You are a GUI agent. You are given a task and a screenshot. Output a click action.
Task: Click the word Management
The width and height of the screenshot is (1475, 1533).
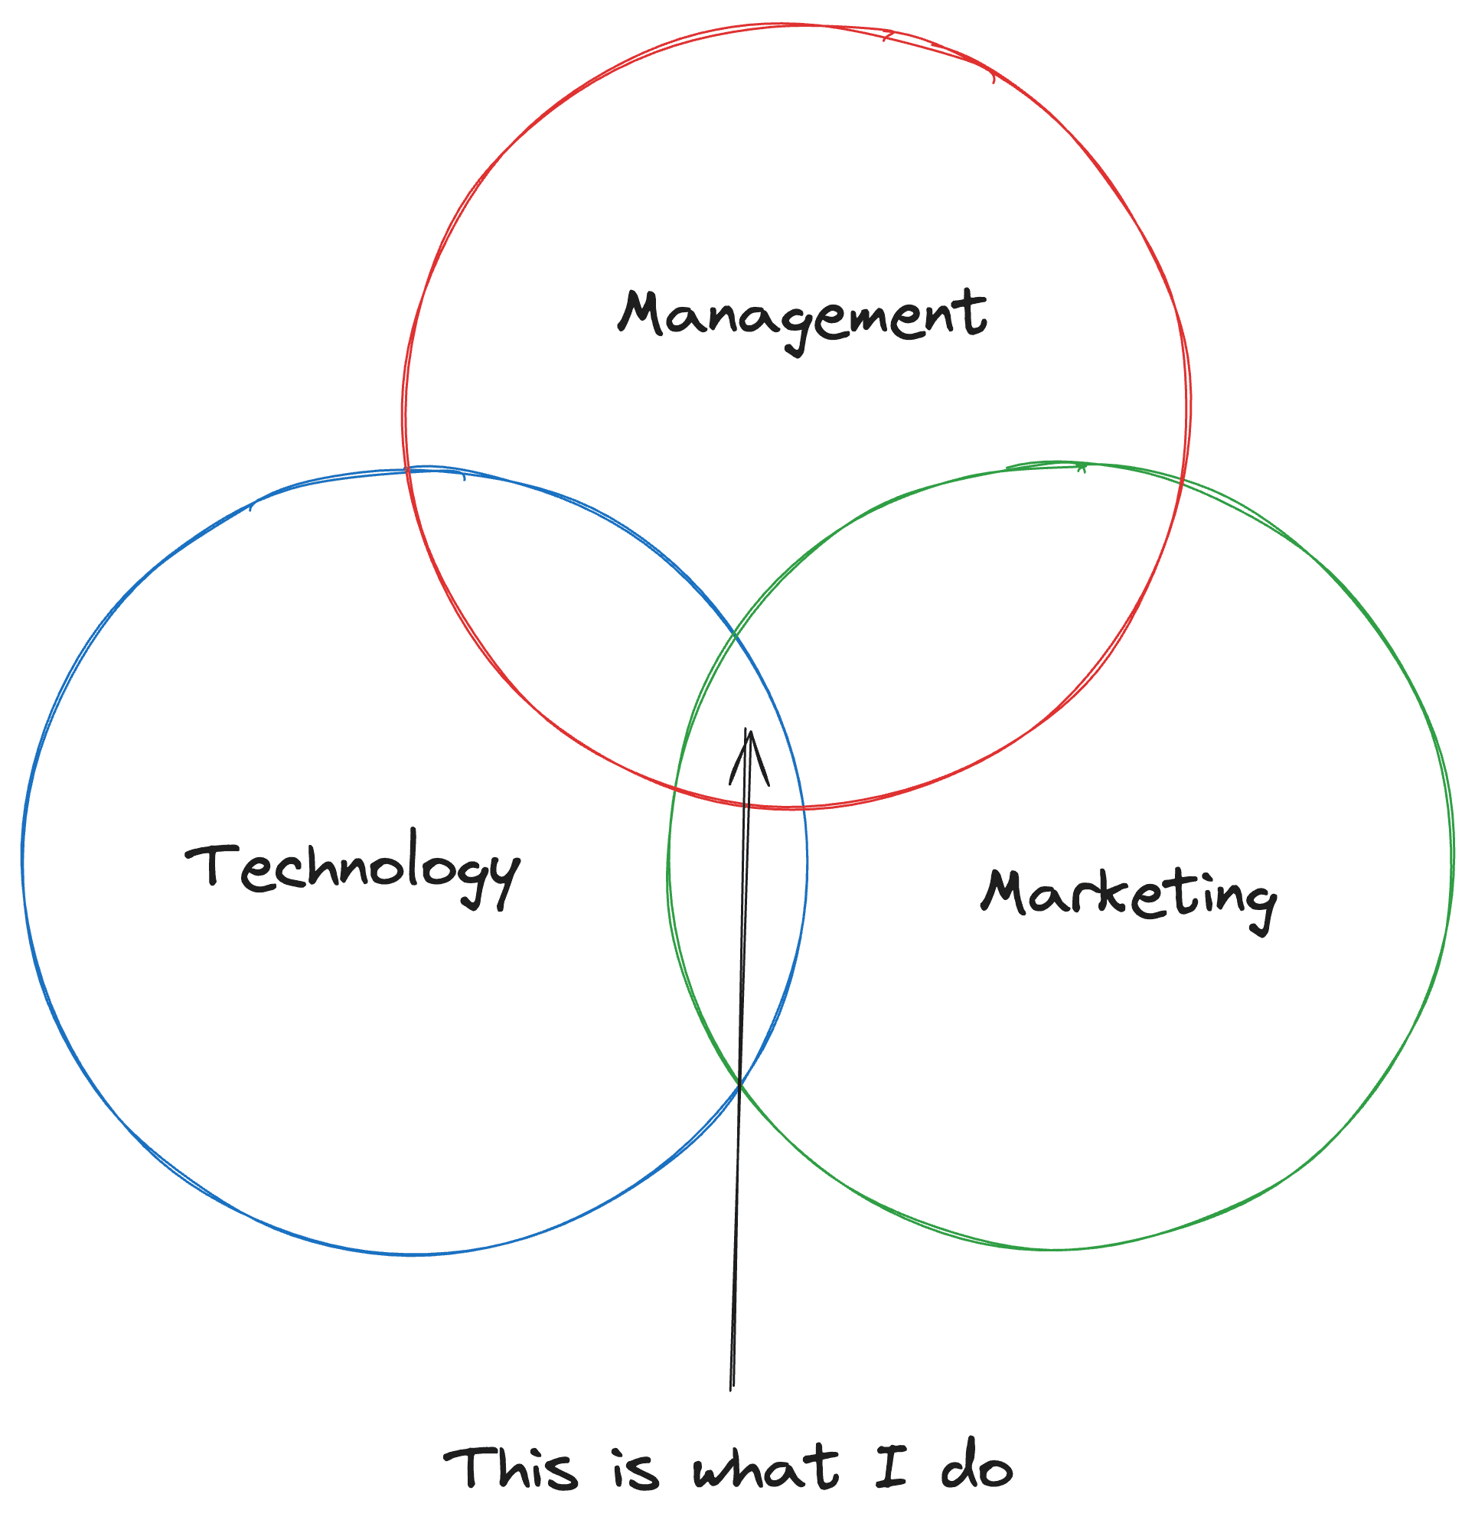801,318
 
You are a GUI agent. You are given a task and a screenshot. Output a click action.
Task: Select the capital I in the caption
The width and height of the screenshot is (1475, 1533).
891,1466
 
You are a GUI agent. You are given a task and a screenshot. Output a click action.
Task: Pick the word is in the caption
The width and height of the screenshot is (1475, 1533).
636,1470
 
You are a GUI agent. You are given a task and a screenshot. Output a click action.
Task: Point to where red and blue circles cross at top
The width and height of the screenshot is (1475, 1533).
408,471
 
